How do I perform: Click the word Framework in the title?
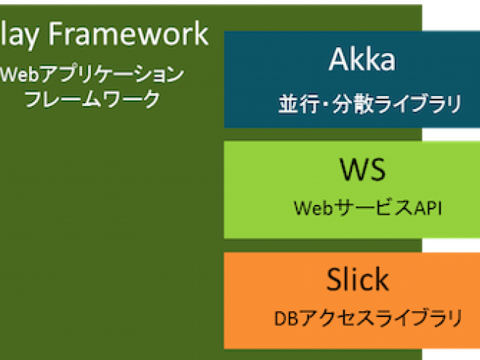click(129, 33)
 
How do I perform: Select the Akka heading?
click(362, 60)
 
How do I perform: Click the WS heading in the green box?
click(363, 169)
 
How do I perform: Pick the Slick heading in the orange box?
click(358, 279)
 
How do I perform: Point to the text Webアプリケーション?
click(92, 74)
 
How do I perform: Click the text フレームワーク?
click(92, 99)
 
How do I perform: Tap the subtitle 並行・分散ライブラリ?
click(370, 104)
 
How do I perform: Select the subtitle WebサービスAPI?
click(368, 208)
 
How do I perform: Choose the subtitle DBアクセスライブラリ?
click(368, 319)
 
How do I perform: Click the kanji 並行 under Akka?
click(299, 104)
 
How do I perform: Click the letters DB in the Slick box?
click(287, 319)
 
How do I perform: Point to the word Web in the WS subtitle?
click(313, 208)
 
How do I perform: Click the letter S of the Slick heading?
click(335, 279)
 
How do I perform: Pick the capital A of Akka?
click(339, 60)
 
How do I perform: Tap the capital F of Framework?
click(55, 33)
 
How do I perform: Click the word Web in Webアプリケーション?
click(20, 74)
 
